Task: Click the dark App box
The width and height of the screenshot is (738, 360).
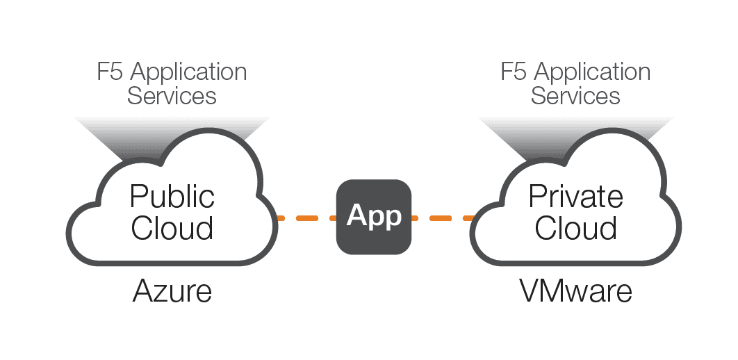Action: click(374, 216)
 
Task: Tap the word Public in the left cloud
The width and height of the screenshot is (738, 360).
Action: click(172, 197)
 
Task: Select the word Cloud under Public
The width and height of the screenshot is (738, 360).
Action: click(172, 228)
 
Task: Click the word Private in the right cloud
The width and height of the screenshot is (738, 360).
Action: click(575, 197)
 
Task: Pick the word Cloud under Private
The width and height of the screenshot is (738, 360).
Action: click(576, 228)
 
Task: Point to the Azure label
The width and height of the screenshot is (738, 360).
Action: click(172, 292)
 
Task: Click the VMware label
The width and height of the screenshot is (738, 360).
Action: click(576, 292)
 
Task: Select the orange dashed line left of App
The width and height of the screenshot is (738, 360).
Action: click(306, 218)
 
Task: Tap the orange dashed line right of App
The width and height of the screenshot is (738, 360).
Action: click(443, 218)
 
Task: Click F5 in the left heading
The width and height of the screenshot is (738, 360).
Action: click(110, 72)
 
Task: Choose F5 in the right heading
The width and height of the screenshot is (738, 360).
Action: click(514, 72)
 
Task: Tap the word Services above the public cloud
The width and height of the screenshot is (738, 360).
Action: click(172, 95)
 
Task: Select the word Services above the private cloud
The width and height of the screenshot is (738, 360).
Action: click(575, 95)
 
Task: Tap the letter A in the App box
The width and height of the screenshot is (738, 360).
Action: click(356, 216)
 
